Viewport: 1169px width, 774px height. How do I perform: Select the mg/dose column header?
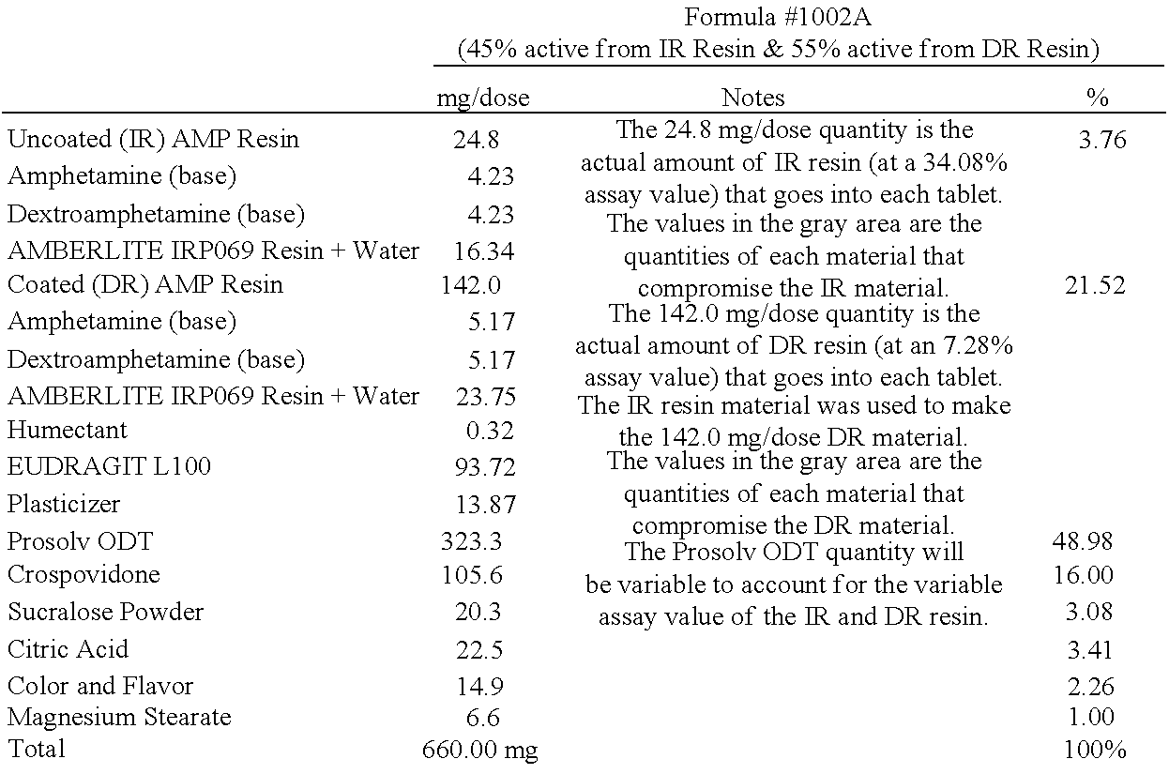point(482,98)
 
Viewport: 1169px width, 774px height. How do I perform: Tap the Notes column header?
point(752,98)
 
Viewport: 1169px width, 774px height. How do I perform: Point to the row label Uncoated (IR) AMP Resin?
point(153,140)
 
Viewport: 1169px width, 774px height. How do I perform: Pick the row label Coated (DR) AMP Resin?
point(144,285)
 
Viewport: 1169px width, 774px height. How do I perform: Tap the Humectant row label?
point(68,431)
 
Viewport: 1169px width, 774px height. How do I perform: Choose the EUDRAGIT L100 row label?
point(109,467)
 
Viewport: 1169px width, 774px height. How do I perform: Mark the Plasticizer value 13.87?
point(485,505)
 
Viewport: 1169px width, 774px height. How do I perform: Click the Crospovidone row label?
point(83,574)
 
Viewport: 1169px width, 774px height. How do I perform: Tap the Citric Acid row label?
point(68,649)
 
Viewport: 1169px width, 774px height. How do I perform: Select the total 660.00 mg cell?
point(480,750)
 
